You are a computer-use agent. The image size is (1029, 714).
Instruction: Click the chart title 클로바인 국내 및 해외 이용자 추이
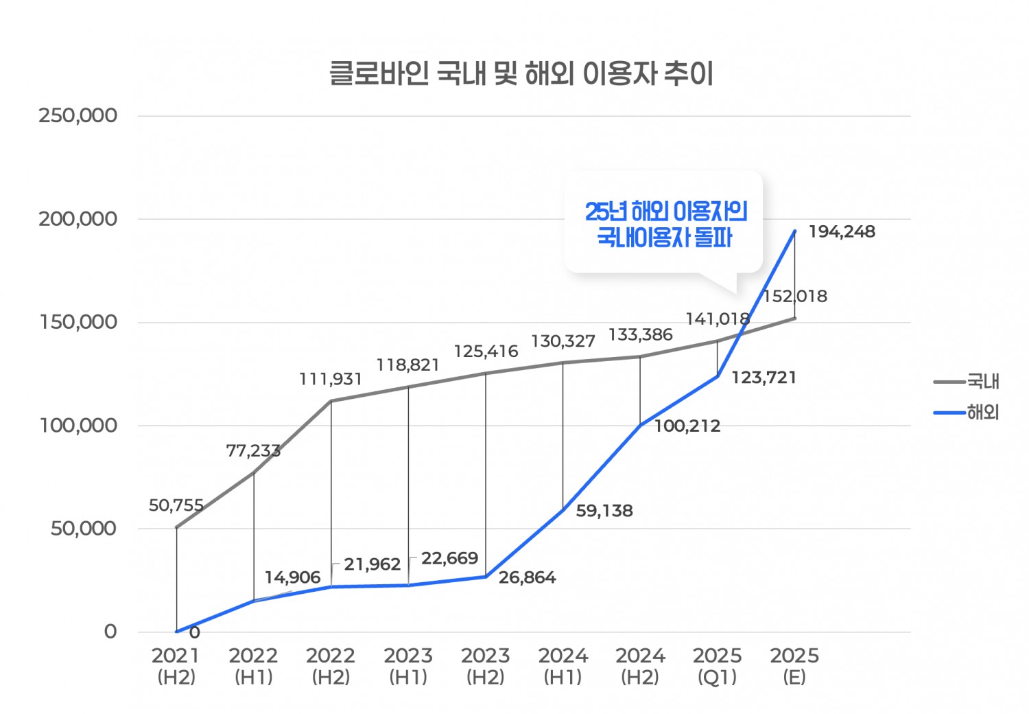pos(521,73)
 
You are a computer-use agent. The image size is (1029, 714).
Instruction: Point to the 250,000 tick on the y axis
pos(78,115)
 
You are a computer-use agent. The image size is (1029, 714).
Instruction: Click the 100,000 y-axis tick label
pos(78,426)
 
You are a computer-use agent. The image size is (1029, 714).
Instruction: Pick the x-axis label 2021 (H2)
pos(176,666)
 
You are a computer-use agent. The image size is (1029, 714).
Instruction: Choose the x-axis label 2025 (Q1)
pos(717,666)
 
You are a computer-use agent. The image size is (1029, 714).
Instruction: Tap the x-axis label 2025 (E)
pos(794,666)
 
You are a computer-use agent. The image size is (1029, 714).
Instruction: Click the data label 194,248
pos(842,232)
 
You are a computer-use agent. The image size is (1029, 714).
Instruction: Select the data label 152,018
pos(795,297)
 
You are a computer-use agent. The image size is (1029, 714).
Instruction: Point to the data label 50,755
pos(176,506)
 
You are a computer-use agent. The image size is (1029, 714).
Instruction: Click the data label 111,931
pos(330,380)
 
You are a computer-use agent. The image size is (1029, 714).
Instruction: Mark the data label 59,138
pos(604,511)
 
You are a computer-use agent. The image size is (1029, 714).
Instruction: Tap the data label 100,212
pos(687,426)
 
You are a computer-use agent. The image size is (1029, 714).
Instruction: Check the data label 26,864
pos(527,578)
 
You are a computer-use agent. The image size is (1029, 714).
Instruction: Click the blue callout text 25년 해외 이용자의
pos(665,211)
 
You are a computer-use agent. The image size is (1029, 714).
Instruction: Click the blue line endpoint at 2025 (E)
pos(795,231)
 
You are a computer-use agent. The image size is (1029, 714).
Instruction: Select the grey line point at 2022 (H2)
pos(331,401)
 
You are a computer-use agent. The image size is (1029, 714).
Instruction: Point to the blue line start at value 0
pos(177,632)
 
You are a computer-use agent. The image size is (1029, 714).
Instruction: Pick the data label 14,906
pos(293,577)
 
